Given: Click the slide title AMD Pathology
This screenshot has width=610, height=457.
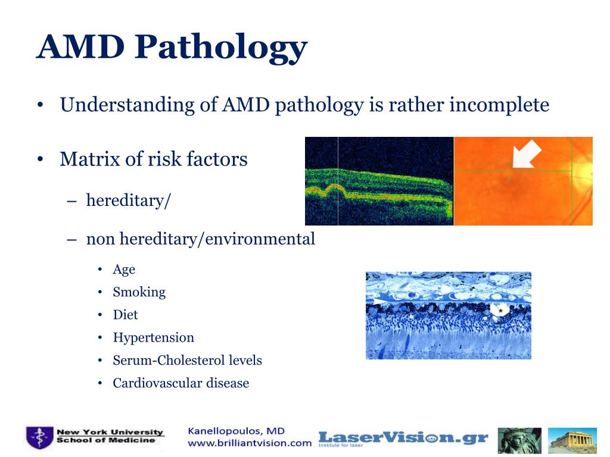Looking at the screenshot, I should [172, 48].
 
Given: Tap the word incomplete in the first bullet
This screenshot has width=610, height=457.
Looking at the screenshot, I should [499, 105].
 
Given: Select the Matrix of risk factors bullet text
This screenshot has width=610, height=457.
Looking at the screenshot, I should [153, 159].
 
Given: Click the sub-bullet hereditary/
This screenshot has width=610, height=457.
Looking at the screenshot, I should [128, 200].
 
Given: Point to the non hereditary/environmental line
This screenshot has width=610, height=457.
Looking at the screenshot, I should [200, 239].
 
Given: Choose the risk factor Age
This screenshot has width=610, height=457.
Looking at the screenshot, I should [124, 270].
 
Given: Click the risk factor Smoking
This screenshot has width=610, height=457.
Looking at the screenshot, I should [139, 292].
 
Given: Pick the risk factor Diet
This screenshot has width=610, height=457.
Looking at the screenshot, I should [125, 315].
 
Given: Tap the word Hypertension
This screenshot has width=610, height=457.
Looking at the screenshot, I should [153, 337].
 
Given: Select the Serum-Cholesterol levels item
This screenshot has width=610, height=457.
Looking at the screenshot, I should [187, 361].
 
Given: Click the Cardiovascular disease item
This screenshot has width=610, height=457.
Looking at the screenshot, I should [180, 383].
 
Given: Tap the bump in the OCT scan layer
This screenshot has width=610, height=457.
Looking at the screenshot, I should [326, 190].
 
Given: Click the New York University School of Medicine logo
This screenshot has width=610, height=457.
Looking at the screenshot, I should [95, 438].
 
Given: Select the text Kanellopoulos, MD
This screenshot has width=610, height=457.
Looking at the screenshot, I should [236, 431].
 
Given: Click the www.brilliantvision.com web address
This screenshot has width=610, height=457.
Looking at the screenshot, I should [250, 443].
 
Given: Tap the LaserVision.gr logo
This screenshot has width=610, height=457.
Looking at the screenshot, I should [403, 439].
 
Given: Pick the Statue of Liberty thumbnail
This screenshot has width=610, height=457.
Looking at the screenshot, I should [519, 440].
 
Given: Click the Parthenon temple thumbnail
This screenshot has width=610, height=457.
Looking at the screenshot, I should [572, 440].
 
